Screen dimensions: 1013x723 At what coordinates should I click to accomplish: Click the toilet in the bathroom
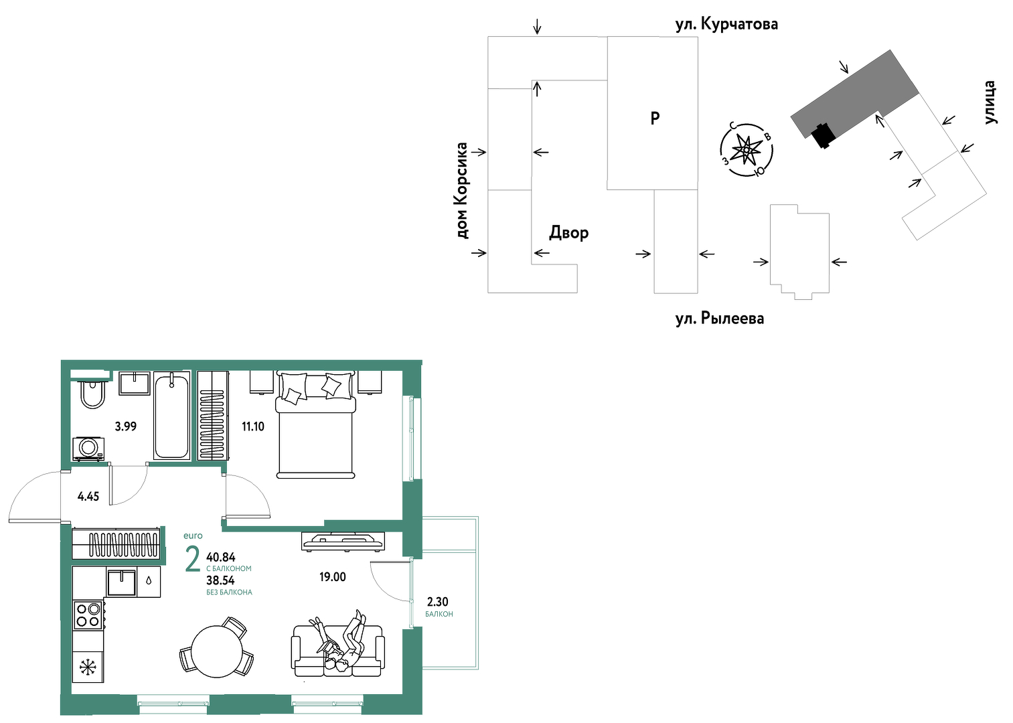point(92,394)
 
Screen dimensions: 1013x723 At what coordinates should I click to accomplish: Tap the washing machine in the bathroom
point(88,449)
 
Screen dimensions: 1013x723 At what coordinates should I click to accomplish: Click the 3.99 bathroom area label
point(126,426)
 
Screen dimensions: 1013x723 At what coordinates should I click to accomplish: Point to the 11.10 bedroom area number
point(253,426)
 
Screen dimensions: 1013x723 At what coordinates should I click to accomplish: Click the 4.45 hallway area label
point(88,497)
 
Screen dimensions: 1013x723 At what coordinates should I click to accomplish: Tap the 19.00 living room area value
point(332,577)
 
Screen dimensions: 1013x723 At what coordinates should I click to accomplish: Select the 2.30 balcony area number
point(438,602)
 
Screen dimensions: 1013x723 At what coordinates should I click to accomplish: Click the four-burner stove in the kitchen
point(88,615)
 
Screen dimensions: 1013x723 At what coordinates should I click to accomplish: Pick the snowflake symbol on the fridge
point(88,667)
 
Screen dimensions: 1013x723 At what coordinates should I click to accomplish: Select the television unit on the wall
point(343,541)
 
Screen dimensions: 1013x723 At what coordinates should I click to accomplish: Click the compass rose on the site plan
point(746,150)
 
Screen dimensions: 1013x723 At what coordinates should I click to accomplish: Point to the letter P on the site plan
point(655,118)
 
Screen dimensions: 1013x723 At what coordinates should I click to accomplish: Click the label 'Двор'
point(569,232)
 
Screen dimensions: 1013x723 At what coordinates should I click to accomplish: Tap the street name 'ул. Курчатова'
point(726,24)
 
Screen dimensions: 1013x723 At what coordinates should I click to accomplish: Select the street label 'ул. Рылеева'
point(720,318)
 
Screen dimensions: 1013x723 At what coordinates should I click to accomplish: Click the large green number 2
point(193,559)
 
